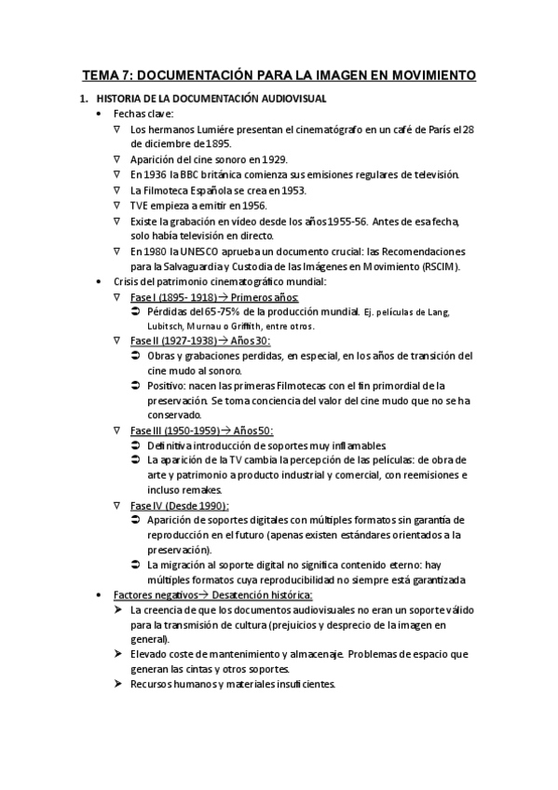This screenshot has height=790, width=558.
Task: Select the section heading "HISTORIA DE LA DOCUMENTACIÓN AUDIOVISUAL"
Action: (211, 98)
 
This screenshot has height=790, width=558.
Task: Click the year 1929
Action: (277, 159)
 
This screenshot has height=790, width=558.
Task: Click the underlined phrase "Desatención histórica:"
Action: (262, 594)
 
